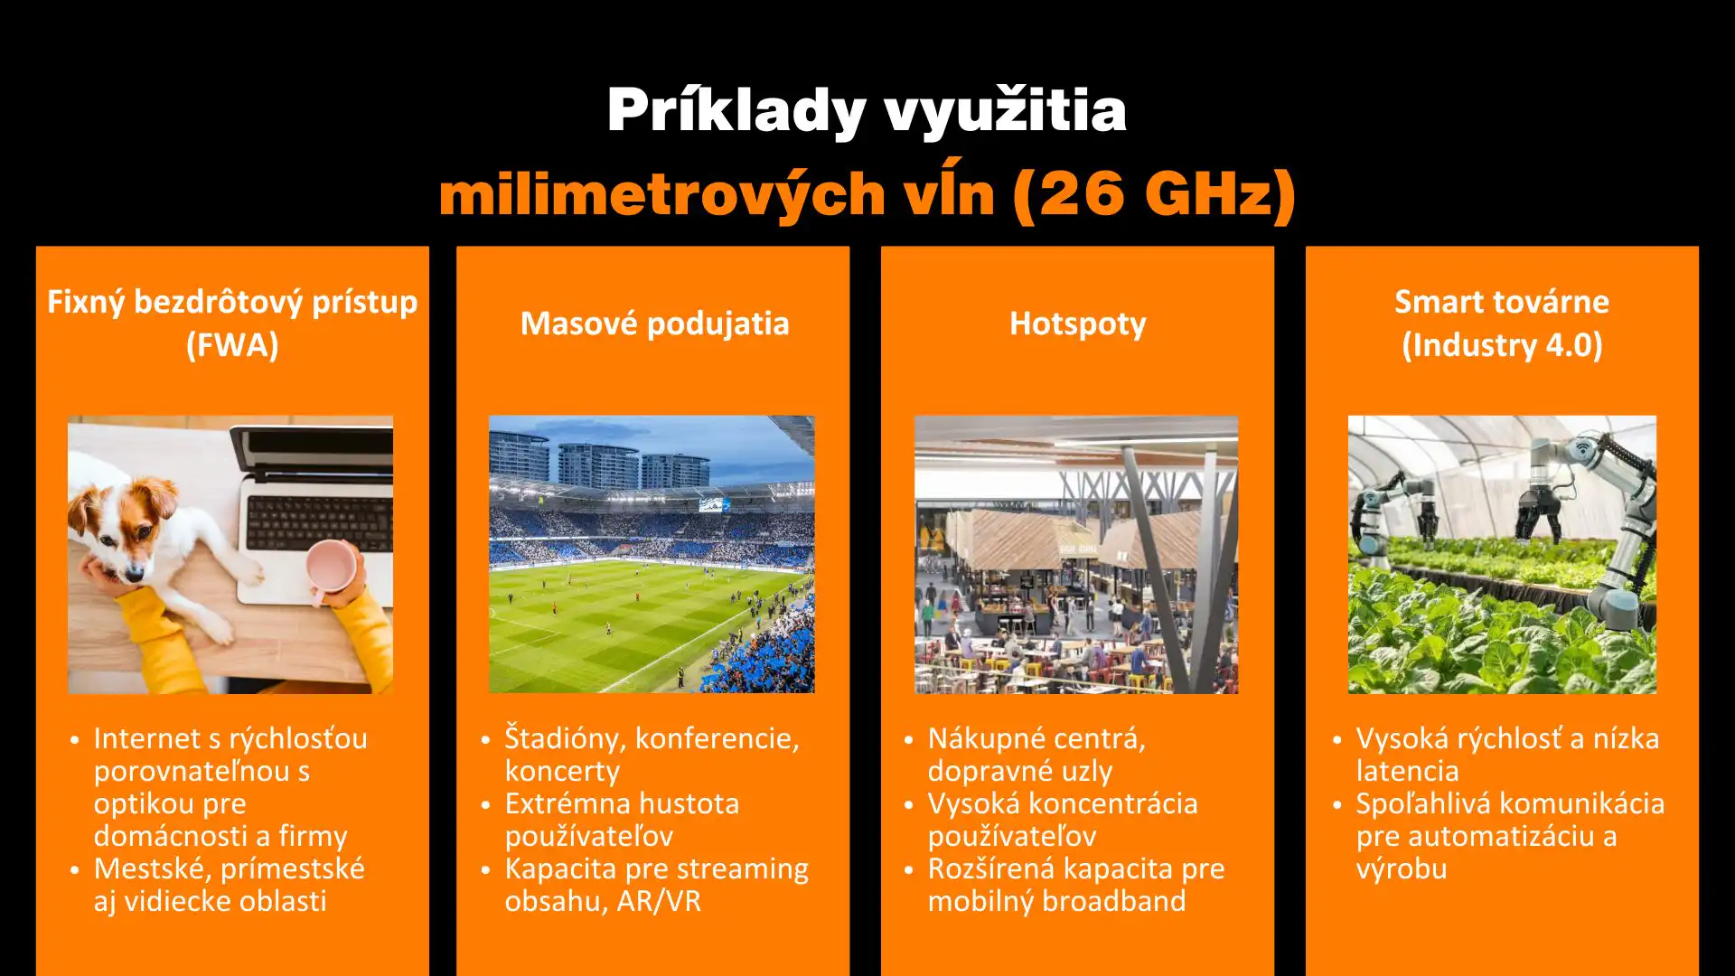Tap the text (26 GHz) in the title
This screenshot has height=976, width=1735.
1154,193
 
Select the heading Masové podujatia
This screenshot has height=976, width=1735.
654,324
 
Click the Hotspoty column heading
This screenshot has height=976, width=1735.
1077,324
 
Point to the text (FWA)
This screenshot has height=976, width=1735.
232,345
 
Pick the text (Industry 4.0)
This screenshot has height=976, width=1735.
1502,345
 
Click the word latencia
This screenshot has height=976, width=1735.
1407,771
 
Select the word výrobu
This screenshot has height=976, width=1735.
1402,868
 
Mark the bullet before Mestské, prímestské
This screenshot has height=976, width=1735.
75,870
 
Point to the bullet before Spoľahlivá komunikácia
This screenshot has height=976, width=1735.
1336,805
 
